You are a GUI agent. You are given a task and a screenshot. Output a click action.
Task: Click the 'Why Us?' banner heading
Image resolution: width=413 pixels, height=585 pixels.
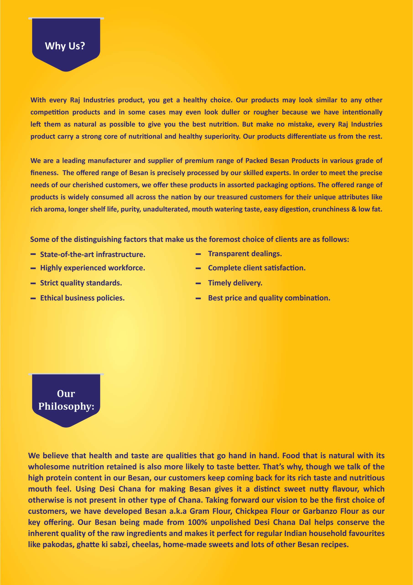click(65, 46)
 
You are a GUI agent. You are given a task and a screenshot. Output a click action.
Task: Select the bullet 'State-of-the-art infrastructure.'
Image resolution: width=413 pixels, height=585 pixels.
click(93, 254)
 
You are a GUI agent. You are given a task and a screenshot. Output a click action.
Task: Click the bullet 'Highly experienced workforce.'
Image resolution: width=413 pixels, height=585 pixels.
click(93, 268)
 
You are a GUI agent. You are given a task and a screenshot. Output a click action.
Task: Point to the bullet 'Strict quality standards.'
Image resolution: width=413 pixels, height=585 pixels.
click(81, 283)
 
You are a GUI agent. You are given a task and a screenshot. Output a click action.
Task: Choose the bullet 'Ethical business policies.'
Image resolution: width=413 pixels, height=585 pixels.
click(82, 298)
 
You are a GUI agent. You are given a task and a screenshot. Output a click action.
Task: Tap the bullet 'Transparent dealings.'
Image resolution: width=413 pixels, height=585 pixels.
click(245, 254)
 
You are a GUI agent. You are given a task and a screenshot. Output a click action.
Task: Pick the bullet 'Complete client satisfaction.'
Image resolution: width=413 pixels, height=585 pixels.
click(257, 268)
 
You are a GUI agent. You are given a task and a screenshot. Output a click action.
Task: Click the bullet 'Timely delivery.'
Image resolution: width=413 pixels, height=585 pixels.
click(235, 283)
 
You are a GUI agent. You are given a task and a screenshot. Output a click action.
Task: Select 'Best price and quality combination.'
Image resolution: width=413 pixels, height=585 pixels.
click(269, 298)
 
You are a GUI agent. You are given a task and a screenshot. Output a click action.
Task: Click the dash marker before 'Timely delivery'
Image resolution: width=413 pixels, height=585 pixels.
click(198, 283)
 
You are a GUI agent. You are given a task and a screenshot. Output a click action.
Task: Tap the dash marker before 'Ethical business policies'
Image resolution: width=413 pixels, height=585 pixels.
click(33, 298)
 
